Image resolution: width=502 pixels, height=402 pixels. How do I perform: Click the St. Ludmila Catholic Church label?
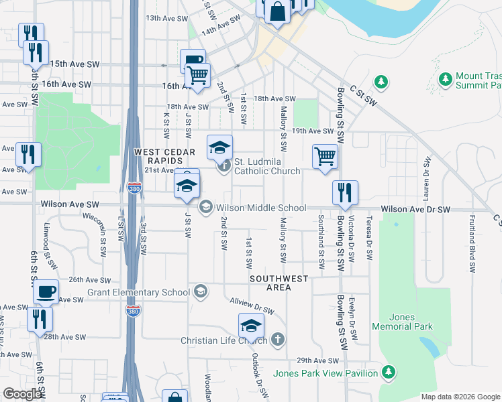click(266, 166)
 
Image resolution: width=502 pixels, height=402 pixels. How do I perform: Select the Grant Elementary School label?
click(139, 293)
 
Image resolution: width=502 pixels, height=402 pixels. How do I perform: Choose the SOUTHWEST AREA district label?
click(279, 283)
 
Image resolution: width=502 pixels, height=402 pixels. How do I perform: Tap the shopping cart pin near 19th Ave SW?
click(325, 157)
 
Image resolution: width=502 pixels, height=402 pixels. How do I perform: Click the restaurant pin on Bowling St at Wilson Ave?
click(346, 192)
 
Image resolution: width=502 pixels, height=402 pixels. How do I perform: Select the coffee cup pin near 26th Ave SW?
click(46, 291)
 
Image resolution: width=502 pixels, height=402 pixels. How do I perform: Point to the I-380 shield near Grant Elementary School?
click(132, 310)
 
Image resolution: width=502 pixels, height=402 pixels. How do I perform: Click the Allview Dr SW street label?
click(252, 307)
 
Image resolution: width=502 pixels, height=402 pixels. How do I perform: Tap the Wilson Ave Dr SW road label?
click(415, 210)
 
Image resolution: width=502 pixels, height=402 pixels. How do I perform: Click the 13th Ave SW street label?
click(166, 19)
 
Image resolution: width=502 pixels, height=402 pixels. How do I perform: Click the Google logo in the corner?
click(22, 394)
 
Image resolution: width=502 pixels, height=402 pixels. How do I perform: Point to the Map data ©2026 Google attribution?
click(460, 396)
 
